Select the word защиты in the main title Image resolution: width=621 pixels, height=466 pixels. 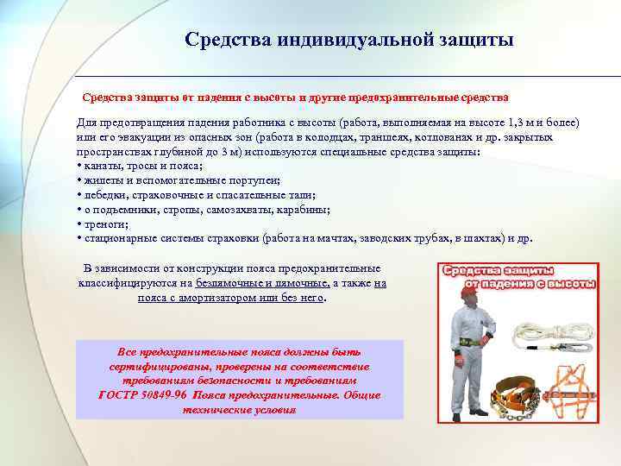coord(476,40)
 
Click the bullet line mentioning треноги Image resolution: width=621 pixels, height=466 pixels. coord(103,224)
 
